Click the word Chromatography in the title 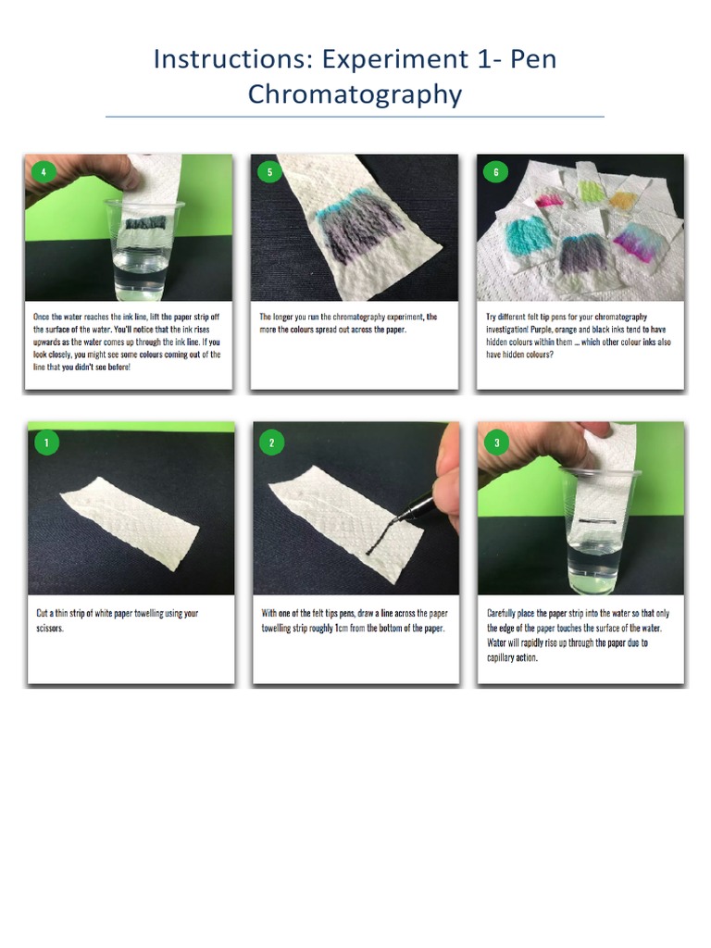pos(355,94)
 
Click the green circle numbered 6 pos(495,171)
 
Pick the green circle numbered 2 pos(270,443)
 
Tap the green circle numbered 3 pos(496,443)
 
